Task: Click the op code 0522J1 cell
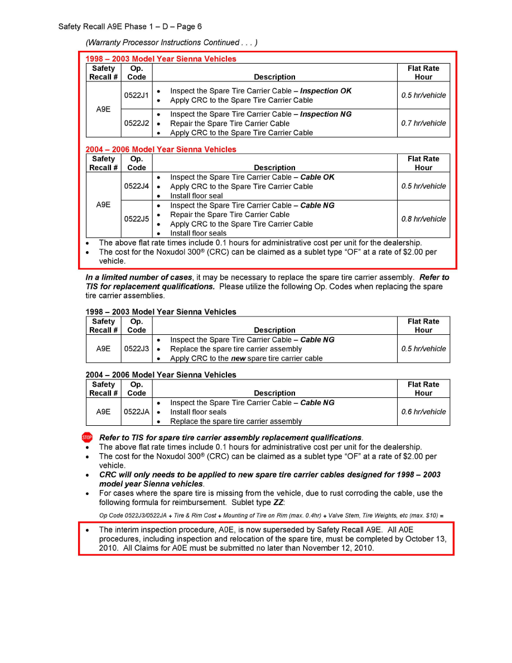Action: click(x=136, y=95)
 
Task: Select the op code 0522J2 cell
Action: click(x=136, y=123)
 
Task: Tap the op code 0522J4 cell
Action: click(x=136, y=186)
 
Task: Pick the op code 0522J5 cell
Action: click(x=136, y=219)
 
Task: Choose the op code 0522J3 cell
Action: click(x=136, y=349)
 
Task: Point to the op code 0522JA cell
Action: click(x=136, y=412)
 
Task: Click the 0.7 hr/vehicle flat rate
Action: click(x=423, y=123)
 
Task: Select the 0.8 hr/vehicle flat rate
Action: click(x=423, y=219)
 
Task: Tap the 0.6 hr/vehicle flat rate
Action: click(x=423, y=412)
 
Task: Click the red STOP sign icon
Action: click(x=87, y=438)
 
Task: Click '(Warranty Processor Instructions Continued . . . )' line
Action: click(x=171, y=42)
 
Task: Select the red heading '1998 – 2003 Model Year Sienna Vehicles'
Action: click(x=161, y=59)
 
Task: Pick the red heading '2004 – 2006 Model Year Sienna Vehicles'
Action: click(x=161, y=150)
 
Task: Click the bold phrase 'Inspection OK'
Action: click(x=326, y=91)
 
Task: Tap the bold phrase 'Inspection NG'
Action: click(x=326, y=114)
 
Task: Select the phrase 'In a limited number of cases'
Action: click(x=138, y=277)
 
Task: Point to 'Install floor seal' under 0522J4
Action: click(x=196, y=196)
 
